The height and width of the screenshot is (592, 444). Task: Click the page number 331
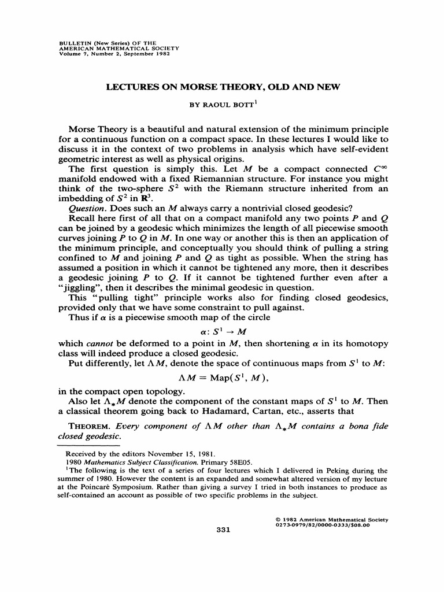click(x=223, y=532)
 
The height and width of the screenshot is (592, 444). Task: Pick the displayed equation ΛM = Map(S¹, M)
click(x=222, y=378)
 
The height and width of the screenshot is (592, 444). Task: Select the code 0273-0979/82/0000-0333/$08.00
click(x=327, y=525)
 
